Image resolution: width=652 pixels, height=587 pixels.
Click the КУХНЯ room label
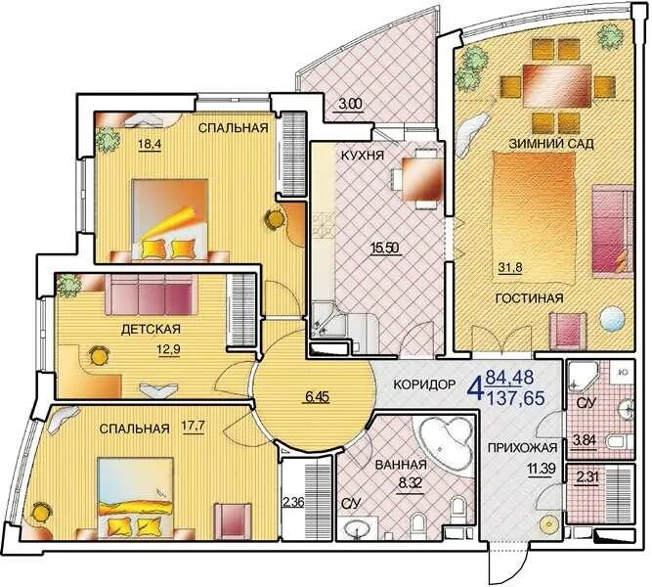pos(363,156)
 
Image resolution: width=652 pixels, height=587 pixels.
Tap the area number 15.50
pos(385,248)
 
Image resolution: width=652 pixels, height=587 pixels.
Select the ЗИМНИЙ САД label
pos(551,144)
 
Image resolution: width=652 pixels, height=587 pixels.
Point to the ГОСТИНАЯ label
pos(530,298)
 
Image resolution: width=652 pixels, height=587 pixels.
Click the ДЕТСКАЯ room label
pos(151,330)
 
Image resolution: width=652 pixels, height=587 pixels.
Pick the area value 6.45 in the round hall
pos(318,397)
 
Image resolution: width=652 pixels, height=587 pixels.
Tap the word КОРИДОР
pos(424,384)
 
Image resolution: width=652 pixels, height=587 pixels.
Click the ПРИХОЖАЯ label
pos(522,448)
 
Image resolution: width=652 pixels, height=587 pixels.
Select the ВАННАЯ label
pos(401,465)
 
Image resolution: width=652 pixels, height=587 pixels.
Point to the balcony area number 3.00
pos(351,104)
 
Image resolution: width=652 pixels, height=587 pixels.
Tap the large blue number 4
pos(476,388)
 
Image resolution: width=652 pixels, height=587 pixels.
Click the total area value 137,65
pos(515,399)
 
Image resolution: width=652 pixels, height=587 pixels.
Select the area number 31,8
pos(510,267)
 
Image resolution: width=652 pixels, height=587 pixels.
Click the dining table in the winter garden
pos(556,86)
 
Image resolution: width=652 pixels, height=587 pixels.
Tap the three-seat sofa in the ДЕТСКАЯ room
pos(150,294)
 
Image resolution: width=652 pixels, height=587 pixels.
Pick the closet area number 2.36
pos(293,502)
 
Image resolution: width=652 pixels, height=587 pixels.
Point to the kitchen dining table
pos(421,179)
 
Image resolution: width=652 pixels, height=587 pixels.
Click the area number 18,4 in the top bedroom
pos(150,145)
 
